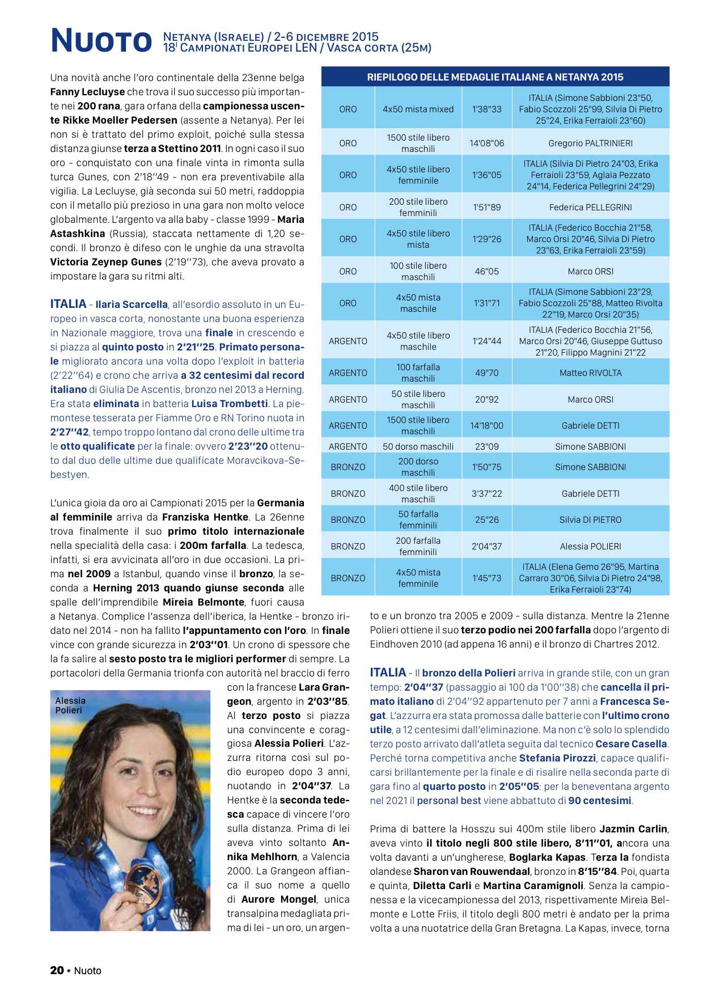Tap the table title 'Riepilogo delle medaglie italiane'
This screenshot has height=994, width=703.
495,77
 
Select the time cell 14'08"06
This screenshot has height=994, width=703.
486,143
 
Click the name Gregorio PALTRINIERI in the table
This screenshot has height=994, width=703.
590,143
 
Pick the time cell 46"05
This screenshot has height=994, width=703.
486,272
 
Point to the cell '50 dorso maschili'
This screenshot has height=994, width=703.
418,447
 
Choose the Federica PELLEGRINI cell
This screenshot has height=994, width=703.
590,208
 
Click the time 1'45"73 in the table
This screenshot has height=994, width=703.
486,578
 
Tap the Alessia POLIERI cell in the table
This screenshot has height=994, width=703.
590,547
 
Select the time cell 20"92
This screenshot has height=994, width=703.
486,400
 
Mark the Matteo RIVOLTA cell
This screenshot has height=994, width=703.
590,373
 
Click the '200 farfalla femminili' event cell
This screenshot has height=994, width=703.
418,547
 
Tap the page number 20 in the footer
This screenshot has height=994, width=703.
57,971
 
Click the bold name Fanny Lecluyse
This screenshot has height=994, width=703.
87,92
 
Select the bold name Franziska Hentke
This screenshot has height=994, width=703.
205,517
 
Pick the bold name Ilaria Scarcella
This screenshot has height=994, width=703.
132,304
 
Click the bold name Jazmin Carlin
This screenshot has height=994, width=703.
634,829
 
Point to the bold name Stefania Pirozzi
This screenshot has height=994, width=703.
557,758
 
